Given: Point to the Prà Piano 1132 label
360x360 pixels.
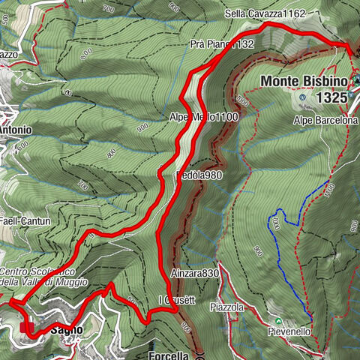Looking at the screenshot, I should [222, 44].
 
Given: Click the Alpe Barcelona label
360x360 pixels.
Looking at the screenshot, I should [325, 120].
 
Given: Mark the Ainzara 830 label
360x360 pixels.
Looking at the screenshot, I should [194, 274].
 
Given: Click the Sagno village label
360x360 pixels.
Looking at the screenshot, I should [66, 329].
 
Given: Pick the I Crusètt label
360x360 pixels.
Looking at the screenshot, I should [176, 301].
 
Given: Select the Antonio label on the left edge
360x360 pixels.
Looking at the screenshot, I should [15, 129].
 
